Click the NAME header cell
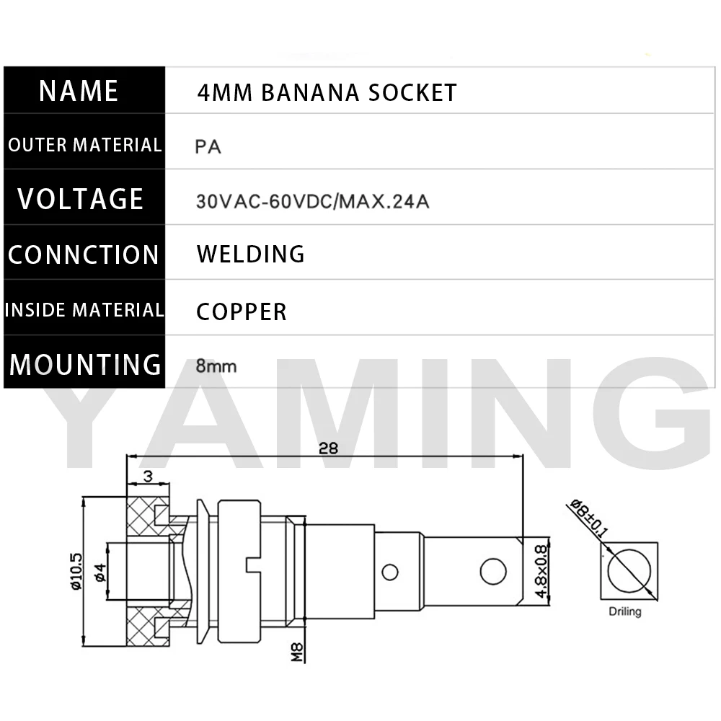click(x=84, y=89)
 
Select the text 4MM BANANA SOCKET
click(x=327, y=92)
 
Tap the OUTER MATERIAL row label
click(x=84, y=144)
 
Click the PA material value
click(x=208, y=147)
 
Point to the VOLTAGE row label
click(x=81, y=199)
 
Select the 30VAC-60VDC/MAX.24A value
click(x=312, y=201)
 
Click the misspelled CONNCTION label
click(x=83, y=255)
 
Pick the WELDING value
click(x=251, y=254)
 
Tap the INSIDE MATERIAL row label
click(x=84, y=309)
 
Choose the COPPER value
click(x=242, y=311)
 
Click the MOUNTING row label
click(x=85, y=364)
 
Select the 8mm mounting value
click(x=216, y=366)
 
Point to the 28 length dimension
click(x=328, y=448)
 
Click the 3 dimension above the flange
click(x=148, y=476)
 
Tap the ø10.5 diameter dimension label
click(x=76, y=571)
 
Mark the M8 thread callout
click(x=297, y=652)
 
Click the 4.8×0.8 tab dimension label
click(x=541, y=571)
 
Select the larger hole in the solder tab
click(x=493, y=572)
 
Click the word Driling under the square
click(x=624, y=611)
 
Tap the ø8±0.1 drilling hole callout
click(x=589, y=518)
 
